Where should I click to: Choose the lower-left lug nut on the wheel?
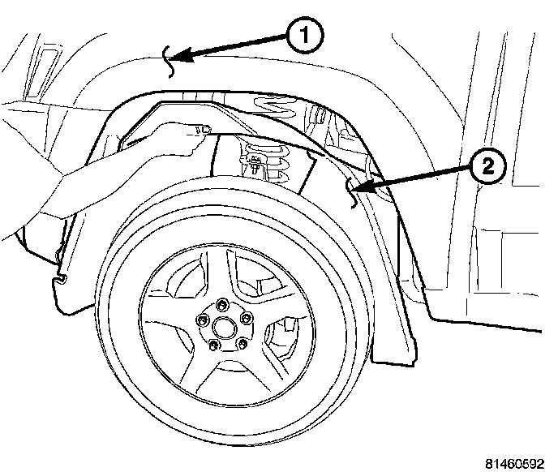pos(213,347)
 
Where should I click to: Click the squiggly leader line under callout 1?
pos(170,63)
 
